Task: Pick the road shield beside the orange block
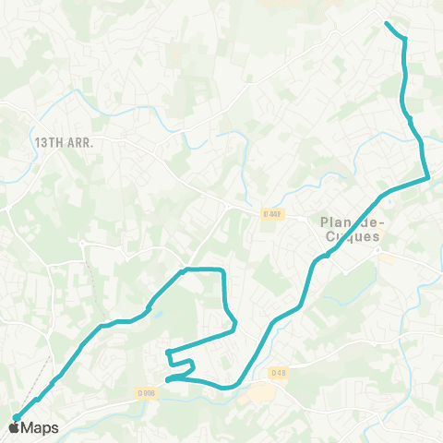pos(280,372)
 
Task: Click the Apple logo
pos(15,427)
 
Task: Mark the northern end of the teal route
pos(386,22)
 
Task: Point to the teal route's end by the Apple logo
pos(14,420)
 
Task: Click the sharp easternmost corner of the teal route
pos(427,176)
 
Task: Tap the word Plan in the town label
pos(333,221)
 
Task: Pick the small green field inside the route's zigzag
pos(179,365)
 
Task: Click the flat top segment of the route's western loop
pos(203,269)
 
